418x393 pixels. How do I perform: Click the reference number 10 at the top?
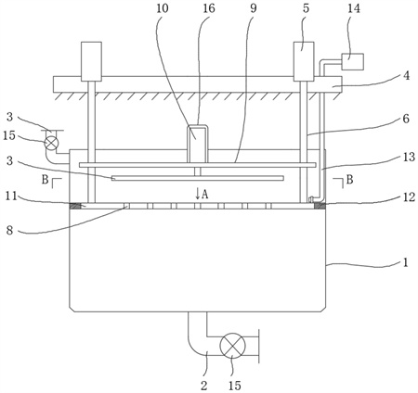click(163, 8)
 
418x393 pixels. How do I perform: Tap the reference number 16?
click(208, 8)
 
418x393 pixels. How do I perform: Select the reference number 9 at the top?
click(254, 8)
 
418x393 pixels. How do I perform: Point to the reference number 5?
click(306, 8)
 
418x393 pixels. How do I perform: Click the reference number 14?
click(354, 8)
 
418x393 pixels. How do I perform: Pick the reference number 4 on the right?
click(407, 75)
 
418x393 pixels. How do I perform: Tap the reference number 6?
click(406, 119)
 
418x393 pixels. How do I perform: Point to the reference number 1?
click(406, 262)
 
